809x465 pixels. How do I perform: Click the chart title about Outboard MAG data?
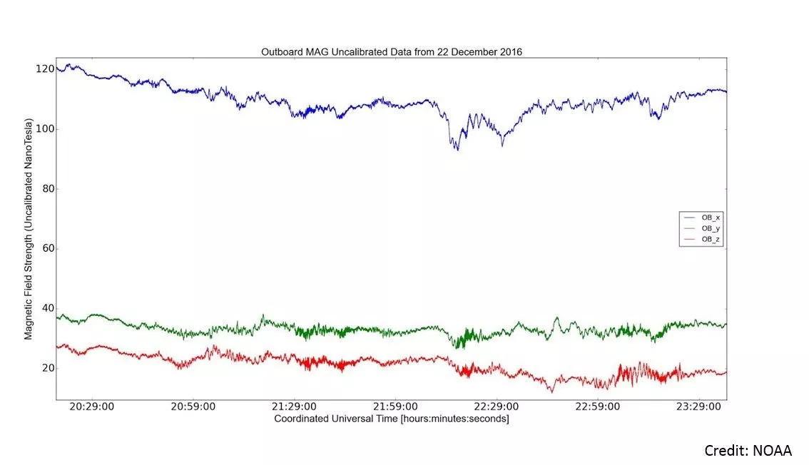[x=391, y=51]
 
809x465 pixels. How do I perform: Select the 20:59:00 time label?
[x=194, y=407]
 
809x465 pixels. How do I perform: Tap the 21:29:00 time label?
[x=295, y=407]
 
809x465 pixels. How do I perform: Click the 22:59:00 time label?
[x=598, y=407]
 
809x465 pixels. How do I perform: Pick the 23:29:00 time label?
[x=698, y=407]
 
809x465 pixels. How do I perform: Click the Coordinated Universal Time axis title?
[x=391, y=419]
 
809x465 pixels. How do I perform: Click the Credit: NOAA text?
[x=748, y=451]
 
